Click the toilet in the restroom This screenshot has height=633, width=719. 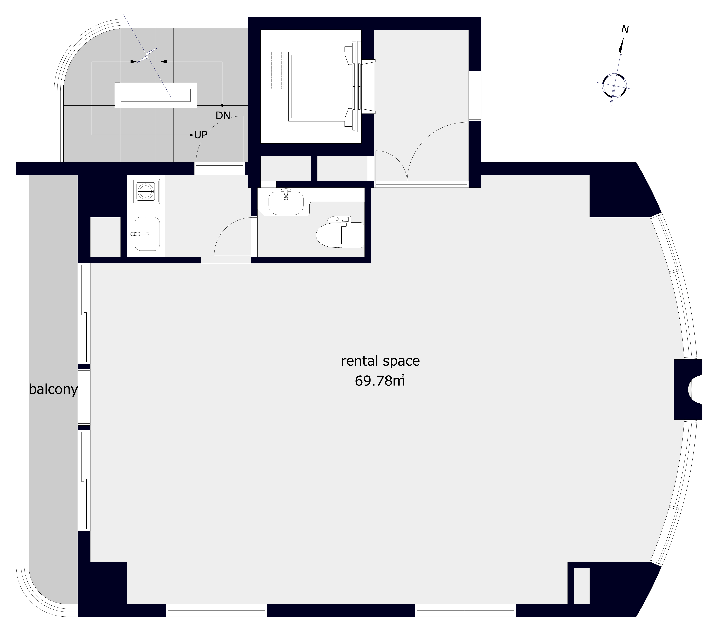tap(340, 232)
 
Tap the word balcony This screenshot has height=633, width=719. tap(53, 390)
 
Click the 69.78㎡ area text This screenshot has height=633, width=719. tap(380, 381)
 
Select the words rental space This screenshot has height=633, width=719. tap(380, 361)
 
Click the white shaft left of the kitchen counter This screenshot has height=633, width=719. tap(106, 237)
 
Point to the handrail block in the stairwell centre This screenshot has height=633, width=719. tap(155, 95)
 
